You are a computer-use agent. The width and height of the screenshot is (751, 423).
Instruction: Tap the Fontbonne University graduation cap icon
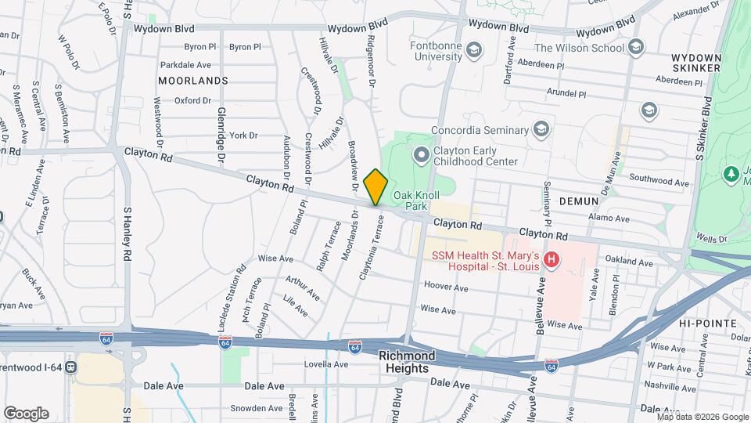coord(473,52)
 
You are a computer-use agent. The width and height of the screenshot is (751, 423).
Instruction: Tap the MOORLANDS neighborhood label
coord(192,81)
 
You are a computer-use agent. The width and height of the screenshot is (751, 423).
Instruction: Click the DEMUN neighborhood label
coord(579,201)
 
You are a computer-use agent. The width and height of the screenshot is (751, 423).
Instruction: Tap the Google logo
coord(26,413)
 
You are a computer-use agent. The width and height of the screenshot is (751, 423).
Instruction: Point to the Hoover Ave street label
coord(447,288)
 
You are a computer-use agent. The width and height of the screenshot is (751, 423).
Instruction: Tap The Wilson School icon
coord(636,47)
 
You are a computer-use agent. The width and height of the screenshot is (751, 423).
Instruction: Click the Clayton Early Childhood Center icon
coord(422,154)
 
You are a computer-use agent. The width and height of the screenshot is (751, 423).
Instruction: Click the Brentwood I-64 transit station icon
coord(72,366)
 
